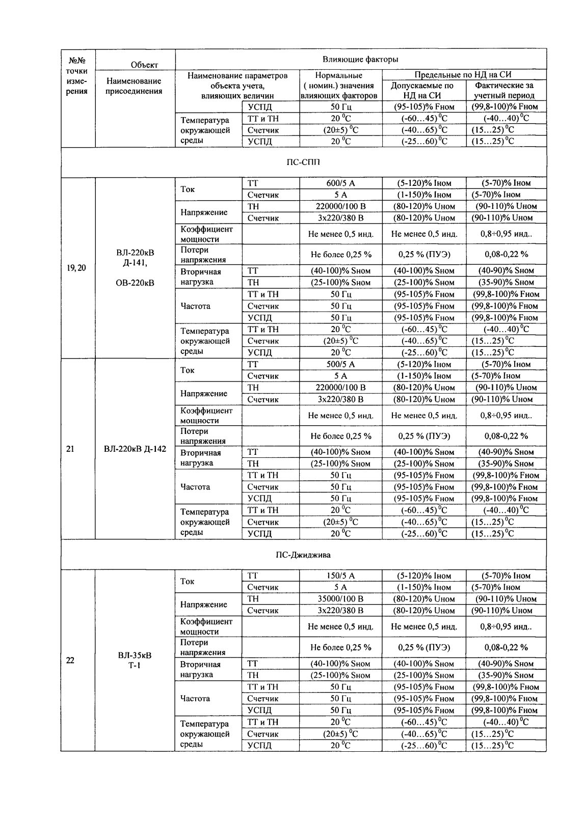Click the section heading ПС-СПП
(x=303, y=162)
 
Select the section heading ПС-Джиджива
(x=303, y=555)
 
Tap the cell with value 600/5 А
(x=340, y=183)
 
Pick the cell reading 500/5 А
(x=340, y=365)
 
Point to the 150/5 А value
(x=340, y=576)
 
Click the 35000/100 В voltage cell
(x=340, y=599)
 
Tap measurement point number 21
(x=71, y=449)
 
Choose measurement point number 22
(x=71, y=661)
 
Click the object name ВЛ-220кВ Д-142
(x=135, y=449)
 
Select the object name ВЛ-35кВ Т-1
(x=135, y=661)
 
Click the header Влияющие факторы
(x=360, y=60)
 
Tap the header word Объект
(x=144, y=65)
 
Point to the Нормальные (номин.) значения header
(x=339, y=86)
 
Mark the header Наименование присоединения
(x=135, y=86)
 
